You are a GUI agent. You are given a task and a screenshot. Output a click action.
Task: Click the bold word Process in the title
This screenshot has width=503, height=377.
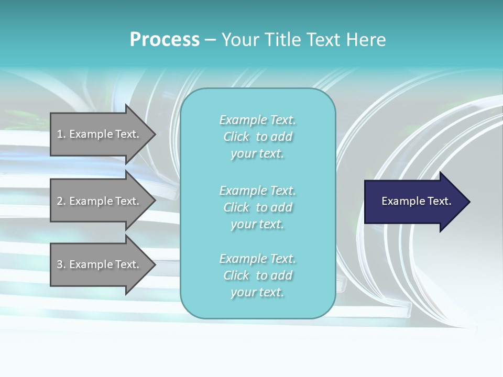point(165,40)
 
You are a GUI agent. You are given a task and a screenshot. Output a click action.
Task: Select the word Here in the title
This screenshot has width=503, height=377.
point(366,40)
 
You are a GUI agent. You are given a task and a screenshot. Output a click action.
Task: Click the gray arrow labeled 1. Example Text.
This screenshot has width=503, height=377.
point(103,134)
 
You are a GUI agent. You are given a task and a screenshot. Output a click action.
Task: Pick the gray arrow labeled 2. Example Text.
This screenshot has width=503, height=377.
point(103,201)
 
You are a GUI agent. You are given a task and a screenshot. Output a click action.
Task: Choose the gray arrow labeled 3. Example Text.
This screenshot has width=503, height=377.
point(103,264)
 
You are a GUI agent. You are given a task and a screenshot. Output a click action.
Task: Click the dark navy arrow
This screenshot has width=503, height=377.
point(417,202)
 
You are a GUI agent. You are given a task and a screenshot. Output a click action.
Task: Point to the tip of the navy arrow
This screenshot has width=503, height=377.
point(471,202)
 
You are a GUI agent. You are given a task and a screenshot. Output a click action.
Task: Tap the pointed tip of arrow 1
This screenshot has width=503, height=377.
point(156,135)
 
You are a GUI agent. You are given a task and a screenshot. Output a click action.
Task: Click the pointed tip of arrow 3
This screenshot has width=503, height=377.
point(156,265)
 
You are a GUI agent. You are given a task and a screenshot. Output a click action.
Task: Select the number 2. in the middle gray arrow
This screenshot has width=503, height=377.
point(61,201)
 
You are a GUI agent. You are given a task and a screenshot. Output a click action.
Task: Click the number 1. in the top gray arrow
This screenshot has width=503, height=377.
point(61,134)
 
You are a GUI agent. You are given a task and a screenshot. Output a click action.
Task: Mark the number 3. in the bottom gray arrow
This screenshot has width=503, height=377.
point(61,264)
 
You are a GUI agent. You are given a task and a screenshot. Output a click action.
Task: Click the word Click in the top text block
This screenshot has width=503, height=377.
point(236,137)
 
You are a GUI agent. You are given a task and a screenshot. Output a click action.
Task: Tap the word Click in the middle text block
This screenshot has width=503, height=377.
point(236,207)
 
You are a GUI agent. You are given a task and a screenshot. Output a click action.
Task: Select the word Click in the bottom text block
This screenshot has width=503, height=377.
point(236,275)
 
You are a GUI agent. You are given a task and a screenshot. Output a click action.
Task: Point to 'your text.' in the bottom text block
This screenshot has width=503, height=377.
point(257,293)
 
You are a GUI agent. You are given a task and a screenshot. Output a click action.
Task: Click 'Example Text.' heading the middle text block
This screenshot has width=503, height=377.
point(258,191)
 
